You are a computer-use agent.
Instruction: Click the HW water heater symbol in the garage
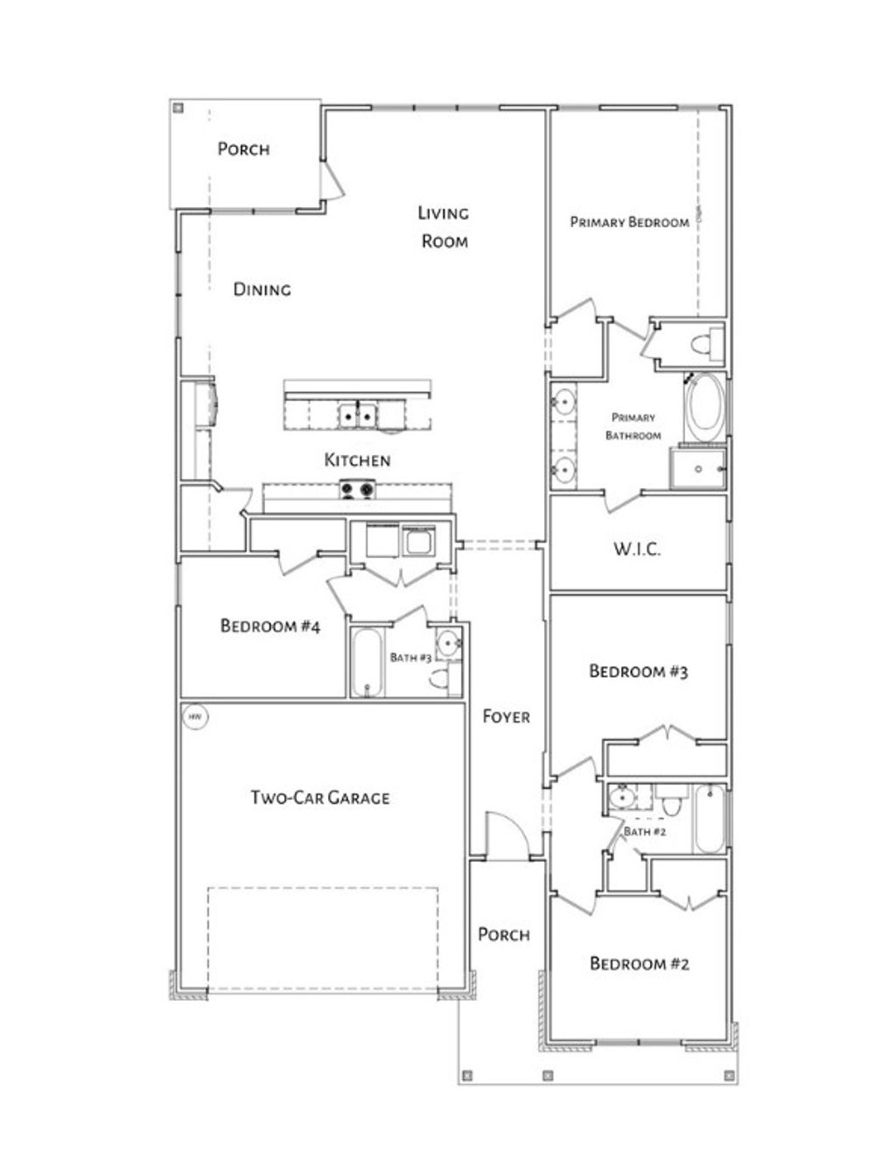coord(195,717)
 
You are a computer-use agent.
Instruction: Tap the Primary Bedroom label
coord(629,222)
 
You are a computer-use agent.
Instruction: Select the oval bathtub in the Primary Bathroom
coord(704,409)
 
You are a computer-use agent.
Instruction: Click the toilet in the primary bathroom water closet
coord(702,343)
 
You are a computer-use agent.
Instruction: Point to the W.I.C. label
coord(636,549)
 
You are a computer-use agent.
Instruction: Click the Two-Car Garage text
coord(320,797)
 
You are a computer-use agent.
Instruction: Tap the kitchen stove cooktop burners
coord(357,490)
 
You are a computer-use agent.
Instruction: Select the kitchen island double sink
coord(358,415)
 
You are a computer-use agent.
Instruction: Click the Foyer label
coord(506,716)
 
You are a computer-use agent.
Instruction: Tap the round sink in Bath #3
coord(449,644)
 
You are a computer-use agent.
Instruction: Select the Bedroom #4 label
coord(270,625)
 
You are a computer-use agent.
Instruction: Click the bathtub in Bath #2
coord(710,819)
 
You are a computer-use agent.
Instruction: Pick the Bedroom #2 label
coord(640,963)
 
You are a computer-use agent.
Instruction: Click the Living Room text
coord(444,227)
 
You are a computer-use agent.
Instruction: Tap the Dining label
coord(262,289)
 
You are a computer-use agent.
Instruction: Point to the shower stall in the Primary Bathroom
coord(698,468)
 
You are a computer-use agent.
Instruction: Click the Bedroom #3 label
coord(639,671)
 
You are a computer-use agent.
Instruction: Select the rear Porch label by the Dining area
coord(243,149)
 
